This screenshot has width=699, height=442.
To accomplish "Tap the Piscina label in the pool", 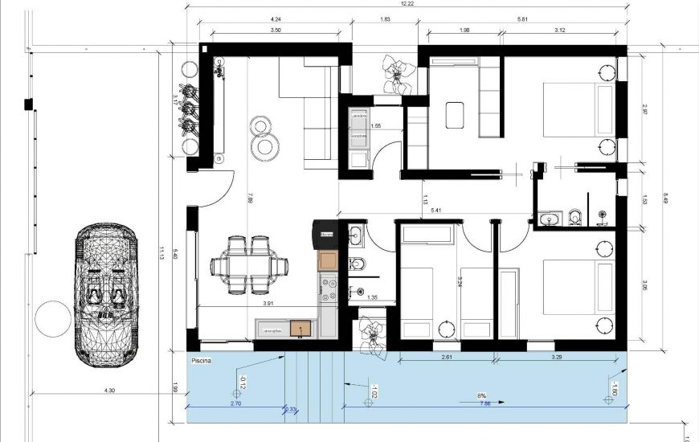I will pos(202,362).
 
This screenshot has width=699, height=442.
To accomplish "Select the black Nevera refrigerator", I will pos(326,234).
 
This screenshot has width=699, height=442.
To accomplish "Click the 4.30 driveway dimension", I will pos(110,391).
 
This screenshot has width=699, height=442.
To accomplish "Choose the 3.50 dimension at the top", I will pos(276,30).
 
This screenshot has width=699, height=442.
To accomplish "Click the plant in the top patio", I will pos(396,73).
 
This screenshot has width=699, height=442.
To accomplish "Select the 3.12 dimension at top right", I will pos(560,30).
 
